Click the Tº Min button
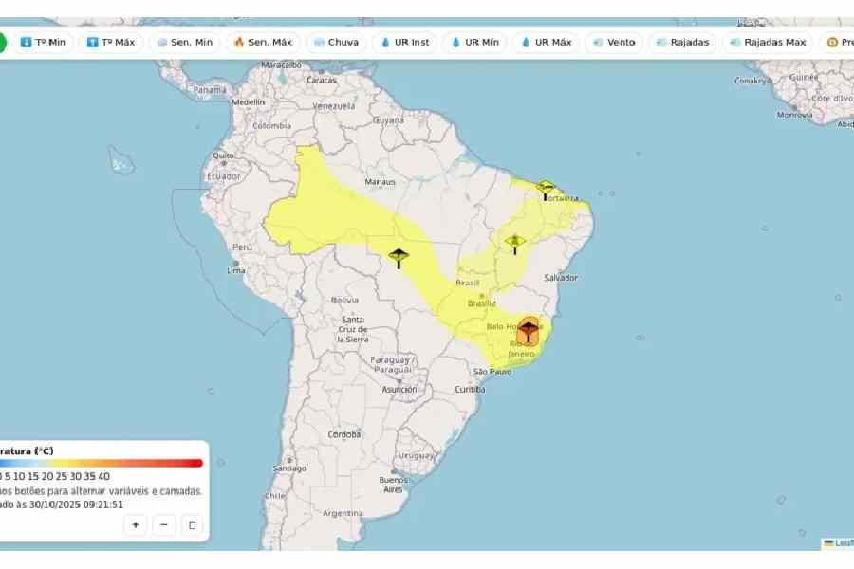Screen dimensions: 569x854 click(44, 43)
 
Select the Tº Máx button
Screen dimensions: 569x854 click(111, 43)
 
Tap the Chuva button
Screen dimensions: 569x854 click(336, 43)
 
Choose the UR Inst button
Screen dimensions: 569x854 click(405, 43)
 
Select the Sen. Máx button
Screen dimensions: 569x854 click(263, 43)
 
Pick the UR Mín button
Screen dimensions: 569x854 click(474, 43)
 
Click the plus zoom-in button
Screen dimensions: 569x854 click(136, 524)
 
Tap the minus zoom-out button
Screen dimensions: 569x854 click(164, 524)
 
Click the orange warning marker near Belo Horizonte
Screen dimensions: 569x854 click(529, 331)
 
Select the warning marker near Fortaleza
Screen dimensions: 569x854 click(546, 187)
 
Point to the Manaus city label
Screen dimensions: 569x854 click(381, 181)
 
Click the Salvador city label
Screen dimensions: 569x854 click(561, 277)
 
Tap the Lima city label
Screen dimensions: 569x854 click(236, 270)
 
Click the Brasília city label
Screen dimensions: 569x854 click(482, 303)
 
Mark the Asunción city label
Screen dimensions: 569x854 click(399, 389)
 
